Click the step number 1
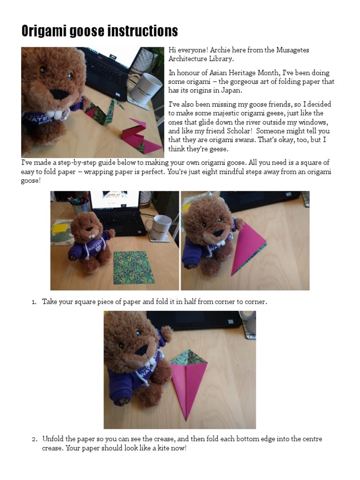(34, 302)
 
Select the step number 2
(34, 439)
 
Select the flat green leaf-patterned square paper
(134, 267)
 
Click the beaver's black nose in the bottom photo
(142, 350)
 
